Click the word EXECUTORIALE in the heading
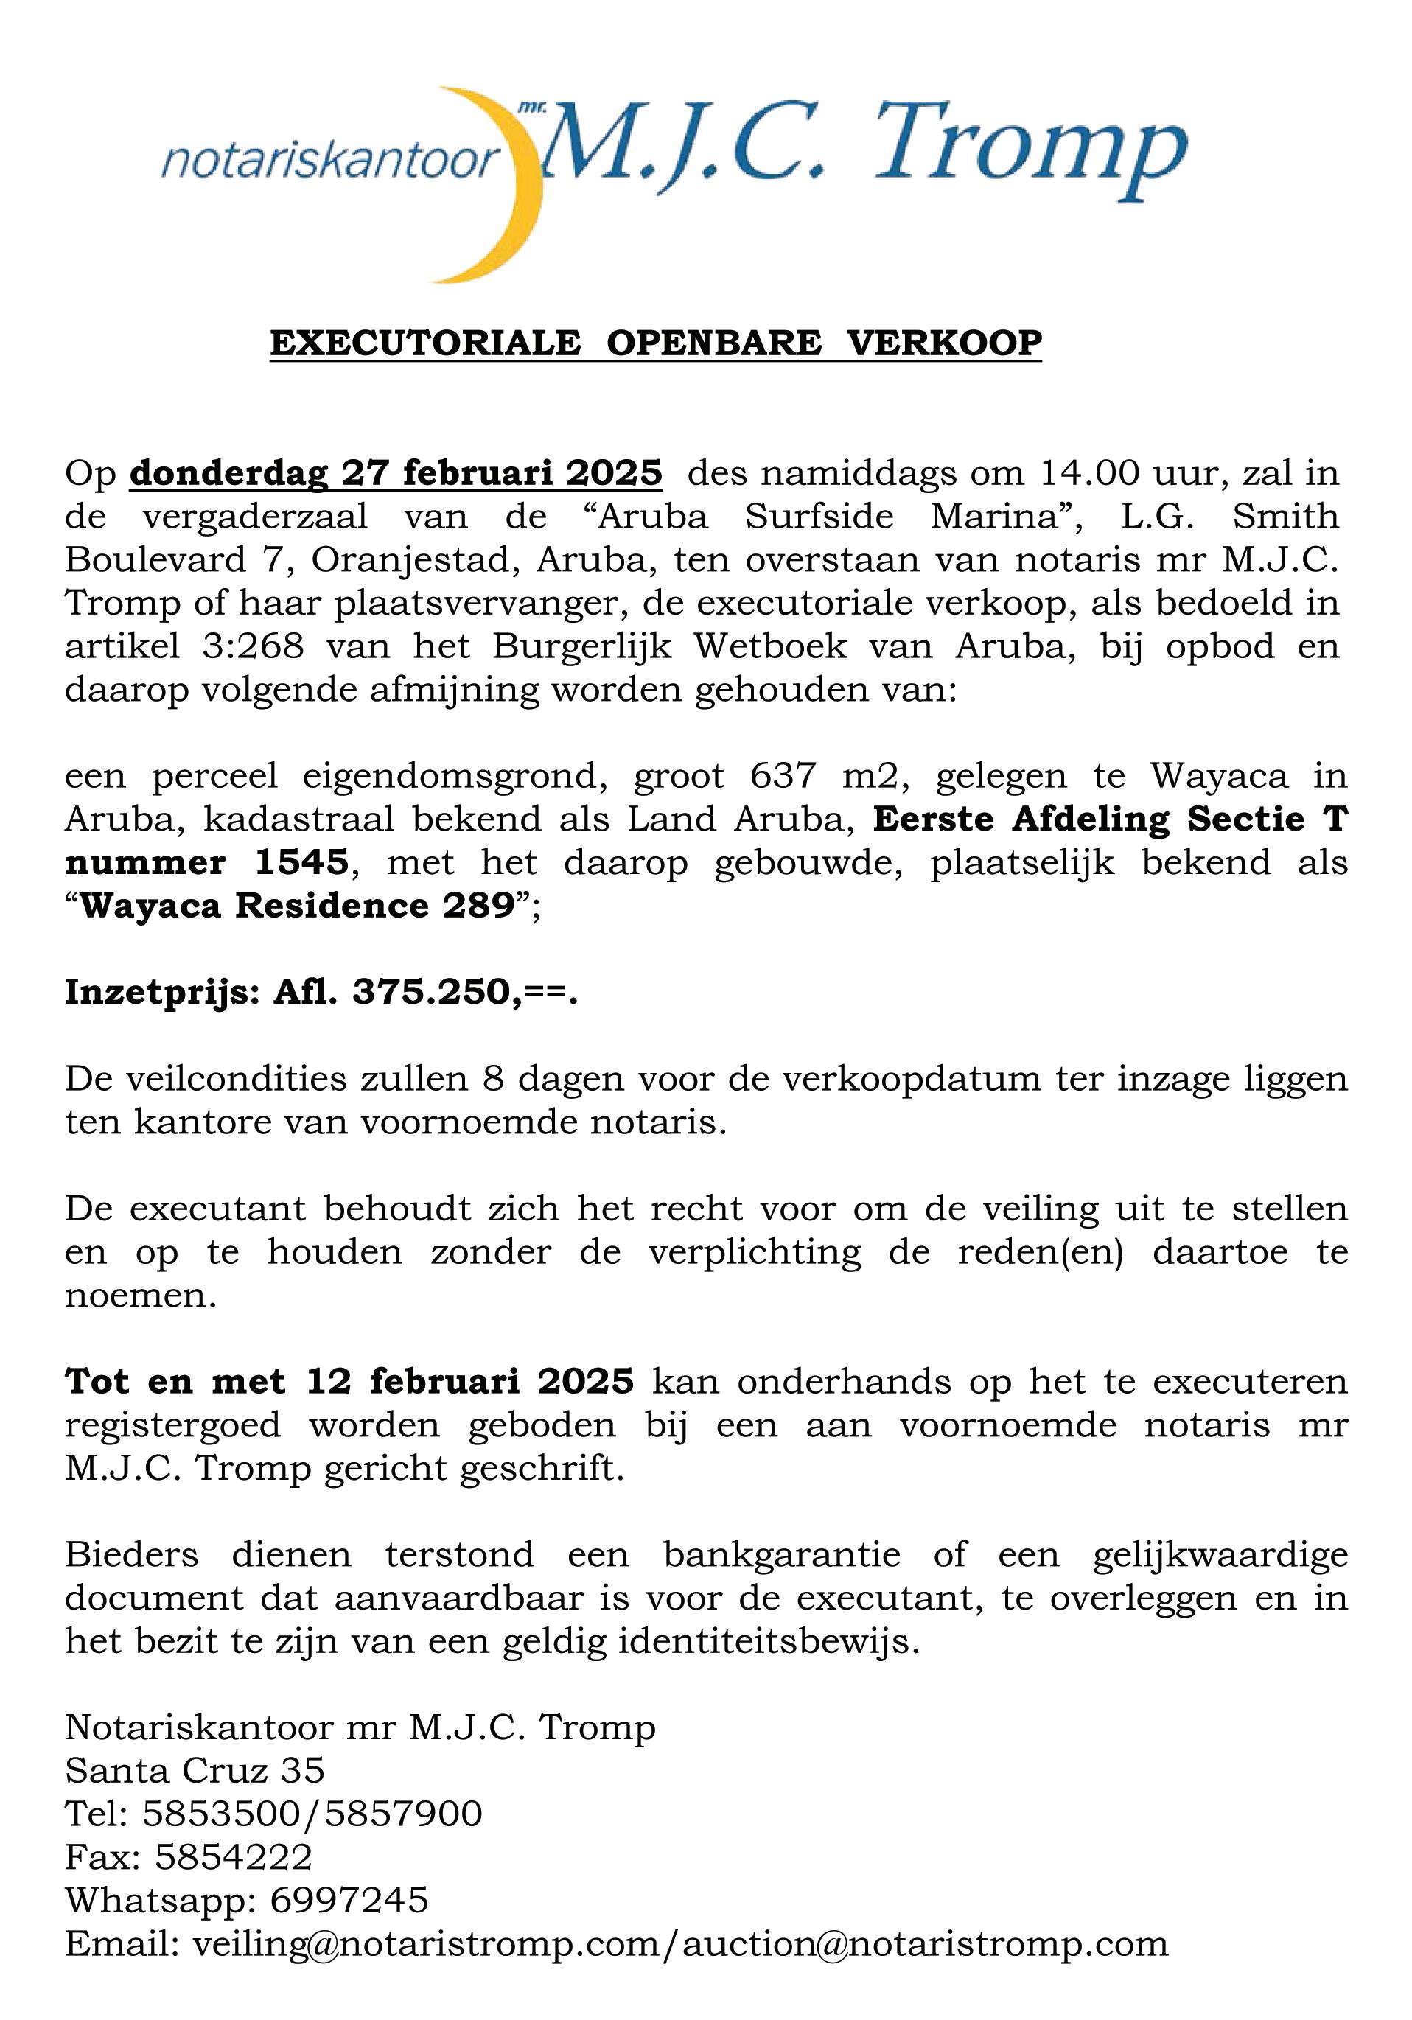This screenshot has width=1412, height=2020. [425, 342]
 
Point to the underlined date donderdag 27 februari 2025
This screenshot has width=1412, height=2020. [396, 473]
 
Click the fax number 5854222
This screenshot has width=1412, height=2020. [233, 1856]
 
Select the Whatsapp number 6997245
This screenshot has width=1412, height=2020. [349, 1899]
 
